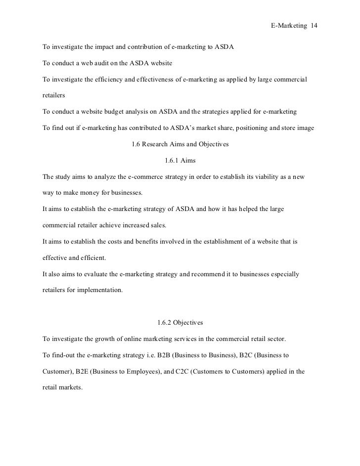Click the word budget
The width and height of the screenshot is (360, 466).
pyautogui.click(x=126, y=112)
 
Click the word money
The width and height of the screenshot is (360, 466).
pyautogui.click(x=94, y=192)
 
